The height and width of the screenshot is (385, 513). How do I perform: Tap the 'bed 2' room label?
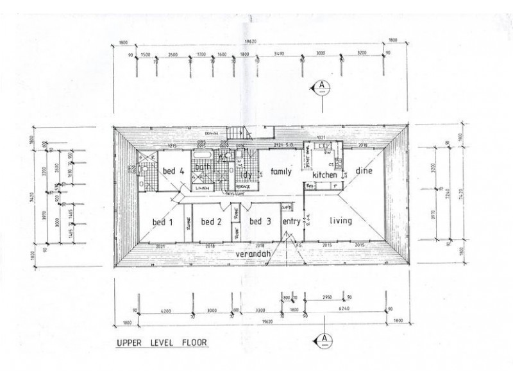tap(211, 222)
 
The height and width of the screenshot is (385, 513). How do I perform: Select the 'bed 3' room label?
tap(259, 222)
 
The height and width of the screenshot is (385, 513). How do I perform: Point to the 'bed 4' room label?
tap(173, 171)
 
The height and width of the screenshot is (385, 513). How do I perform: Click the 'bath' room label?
tap(203, 167)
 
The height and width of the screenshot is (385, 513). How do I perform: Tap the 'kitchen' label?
tap(325, 175)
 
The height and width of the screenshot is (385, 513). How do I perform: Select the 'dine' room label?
tap(364, 171)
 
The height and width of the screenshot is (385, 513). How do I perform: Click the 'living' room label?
tap(341, 221)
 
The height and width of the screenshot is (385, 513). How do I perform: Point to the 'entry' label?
tap(291, 222)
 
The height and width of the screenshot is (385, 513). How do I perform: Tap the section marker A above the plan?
tap(324, 85)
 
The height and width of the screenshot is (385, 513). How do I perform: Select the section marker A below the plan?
tap(325, 338)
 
